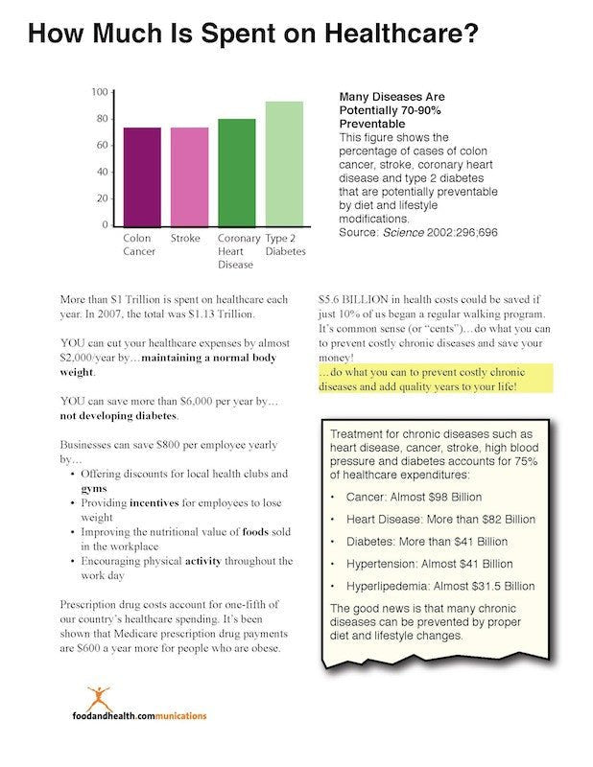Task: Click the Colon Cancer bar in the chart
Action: tap(142, 176)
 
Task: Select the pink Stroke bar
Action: tap(189, 176)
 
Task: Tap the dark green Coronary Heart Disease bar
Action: tap(236, 173)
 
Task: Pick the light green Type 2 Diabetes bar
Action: tap(284, 163)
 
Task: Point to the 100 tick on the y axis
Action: tap(99, 92)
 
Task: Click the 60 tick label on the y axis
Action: tap(101, 145)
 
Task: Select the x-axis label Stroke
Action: tap(184, 238)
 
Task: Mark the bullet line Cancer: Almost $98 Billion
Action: tap(415, 498)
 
